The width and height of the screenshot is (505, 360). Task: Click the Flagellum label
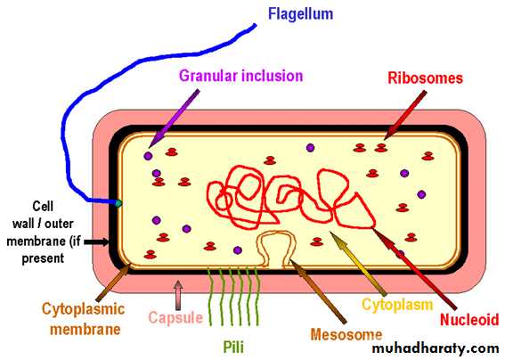tap(300, 14)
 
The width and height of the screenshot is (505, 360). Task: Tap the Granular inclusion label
tap(240, 76)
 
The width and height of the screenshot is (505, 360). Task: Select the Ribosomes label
tap(425, 78)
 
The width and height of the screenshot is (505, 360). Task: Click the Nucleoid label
tap(469, 320)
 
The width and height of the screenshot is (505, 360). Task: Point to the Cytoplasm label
tap(397, 305)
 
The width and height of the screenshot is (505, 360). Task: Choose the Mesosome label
tap(346, 334)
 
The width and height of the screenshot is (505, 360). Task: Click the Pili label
tap(233, 348)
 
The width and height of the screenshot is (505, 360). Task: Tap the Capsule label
tap(175, 318)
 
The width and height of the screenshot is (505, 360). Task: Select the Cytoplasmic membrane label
tap(84, 319)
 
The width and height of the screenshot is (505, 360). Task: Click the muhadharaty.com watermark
tap(436, 348)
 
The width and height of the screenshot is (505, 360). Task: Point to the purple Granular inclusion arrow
tap(175, 119)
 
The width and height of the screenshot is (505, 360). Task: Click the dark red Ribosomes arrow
tap(405, 115)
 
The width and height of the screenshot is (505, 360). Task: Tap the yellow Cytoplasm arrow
tap(358, 264)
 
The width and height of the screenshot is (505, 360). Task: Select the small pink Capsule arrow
tap(178, 295)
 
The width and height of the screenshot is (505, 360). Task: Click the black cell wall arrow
tap(96, 242)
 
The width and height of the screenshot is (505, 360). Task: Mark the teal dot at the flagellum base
tap(118, 203)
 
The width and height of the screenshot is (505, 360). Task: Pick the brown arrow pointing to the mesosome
tap(318, 290)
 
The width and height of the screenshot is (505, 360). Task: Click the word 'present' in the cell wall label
tap(43, 258)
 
